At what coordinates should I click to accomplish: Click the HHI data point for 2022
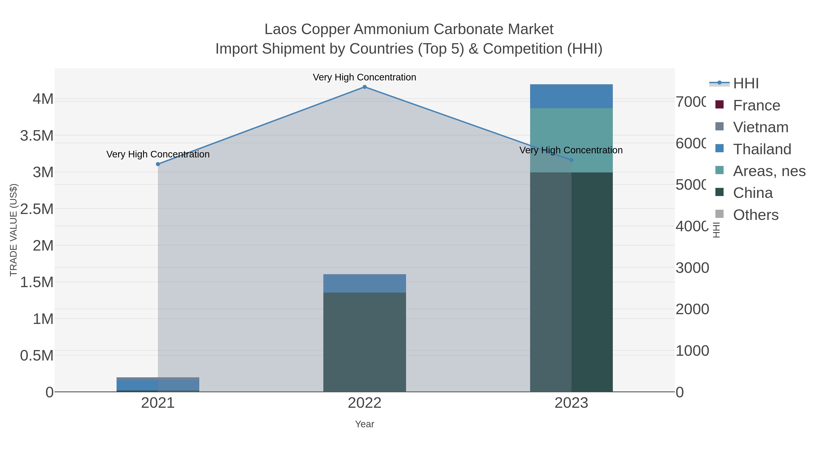coord(364,87)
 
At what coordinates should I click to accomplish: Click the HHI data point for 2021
coord(158,164)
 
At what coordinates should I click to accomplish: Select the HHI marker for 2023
coord(571,160)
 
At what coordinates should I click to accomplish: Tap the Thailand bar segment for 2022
coord(364,283)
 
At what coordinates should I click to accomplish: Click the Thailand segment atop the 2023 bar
coord(571,96)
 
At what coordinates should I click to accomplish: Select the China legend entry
coord(753,193)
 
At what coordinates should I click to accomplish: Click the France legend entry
coord(756,105)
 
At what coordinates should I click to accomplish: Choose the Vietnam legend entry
coord(761,127)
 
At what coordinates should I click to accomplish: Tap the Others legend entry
coord(756,215)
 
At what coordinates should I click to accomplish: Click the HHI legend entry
coord(746,84)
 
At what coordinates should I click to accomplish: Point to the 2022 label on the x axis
coord(364,403)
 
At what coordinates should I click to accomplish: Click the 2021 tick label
coord(158,403)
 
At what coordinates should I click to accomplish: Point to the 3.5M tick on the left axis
coord(37,136)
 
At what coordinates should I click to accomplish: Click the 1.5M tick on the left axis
coord(37,282)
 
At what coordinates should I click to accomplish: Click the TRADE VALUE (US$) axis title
coord(14,230)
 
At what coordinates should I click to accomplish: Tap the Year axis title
coord(364,424)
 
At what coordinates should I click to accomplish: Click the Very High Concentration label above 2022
coord(364,77)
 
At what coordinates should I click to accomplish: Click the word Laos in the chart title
coord(280,29)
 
